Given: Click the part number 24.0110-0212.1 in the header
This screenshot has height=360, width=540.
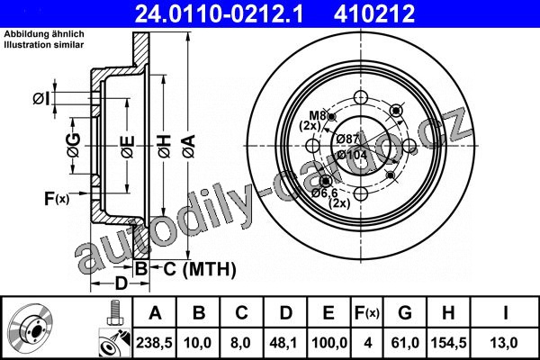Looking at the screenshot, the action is point(219,13).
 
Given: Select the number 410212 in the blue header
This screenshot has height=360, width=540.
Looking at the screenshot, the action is point(374,13).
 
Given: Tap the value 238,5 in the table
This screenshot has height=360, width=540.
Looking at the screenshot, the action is point(154,343).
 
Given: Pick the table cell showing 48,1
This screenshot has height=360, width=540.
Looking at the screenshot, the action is point(284,343).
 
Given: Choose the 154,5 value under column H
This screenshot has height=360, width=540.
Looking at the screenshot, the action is point(448,343).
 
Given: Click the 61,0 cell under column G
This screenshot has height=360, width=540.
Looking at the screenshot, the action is point(405,343).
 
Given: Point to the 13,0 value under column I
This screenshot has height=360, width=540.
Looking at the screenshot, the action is point(503,343).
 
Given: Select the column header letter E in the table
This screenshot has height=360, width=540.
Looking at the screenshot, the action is point(328,313).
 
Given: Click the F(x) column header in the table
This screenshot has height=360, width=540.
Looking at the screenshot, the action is point(367,313).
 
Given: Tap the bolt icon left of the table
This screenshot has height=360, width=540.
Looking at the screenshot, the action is point(115,312).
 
